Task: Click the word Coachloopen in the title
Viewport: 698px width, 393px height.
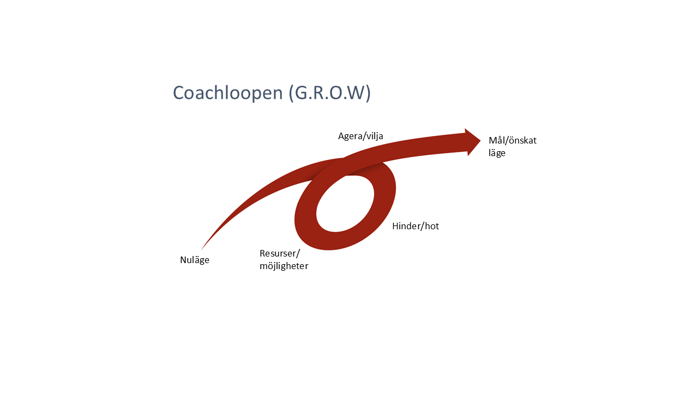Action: pyautogui.click(x=228, y=93)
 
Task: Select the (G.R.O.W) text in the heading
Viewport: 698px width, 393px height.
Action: pyautogui.click(x=330, y=93)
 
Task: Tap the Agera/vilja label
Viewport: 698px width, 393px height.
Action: pyautogui.click(x=360, y=136)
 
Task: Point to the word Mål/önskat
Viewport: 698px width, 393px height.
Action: pyautogui.click(x=513, y=140)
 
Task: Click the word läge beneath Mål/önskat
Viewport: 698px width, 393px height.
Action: pyautogui.click(x=497, y=153)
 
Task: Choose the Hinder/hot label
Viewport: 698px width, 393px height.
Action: pyautogui.click(x=416, y=226)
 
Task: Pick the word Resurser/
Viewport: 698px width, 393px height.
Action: pyautogui.click(x=280, y=253)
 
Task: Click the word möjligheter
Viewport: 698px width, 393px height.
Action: pyautogui.click(x=284, y=266)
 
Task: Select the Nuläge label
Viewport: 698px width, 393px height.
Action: pyautogui.click(x=195, y=260)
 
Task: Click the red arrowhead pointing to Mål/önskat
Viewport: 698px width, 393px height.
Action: pyautogui.click(x=472, y=142)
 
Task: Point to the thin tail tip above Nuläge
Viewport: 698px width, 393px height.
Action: pyautogui.click(x=201, y=250)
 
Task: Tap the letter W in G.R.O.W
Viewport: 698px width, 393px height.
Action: pyautogui.click(x=354, y=93)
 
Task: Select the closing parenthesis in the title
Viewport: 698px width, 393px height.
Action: pyautogui.click(x=368, y=93)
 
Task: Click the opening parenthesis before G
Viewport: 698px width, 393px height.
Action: pyautogui.click(x=291, y=93)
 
